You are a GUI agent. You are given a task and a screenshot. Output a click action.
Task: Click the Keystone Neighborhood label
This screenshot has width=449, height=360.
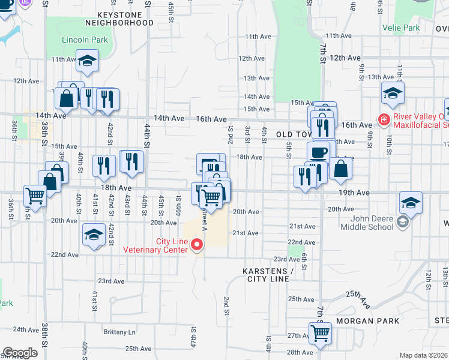119,18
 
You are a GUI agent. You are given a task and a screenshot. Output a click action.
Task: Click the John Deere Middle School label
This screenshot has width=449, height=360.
367,222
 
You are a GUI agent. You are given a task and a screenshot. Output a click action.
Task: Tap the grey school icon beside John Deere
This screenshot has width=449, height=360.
402,223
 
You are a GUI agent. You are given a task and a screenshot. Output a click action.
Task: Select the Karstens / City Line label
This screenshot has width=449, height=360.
267,275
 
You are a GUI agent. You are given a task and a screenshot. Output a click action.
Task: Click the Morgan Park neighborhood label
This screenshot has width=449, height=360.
367,321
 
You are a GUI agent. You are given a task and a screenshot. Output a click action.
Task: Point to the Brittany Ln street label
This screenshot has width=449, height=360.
119,332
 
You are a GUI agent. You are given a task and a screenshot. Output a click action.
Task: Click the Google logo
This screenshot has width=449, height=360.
20,353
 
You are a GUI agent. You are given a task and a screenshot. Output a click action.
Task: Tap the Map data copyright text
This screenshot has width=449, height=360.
424,355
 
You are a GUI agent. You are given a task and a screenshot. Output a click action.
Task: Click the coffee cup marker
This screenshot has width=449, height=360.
318,152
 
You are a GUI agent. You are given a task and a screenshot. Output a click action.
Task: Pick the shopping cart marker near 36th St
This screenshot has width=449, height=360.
35,195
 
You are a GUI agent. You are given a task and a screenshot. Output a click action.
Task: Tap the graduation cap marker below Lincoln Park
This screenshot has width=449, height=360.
88,61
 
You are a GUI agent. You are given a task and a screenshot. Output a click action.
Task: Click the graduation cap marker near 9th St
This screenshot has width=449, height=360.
393,93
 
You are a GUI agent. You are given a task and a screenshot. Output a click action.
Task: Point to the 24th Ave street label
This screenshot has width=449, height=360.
26,329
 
